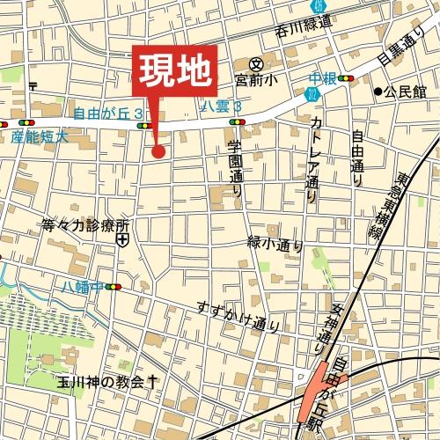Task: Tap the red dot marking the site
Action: click(158, 151)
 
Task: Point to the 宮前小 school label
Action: click(255, 80)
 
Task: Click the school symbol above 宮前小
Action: click(257, 64)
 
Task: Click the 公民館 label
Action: click(406, 91)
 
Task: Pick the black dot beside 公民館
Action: click(378, 91)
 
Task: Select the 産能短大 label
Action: click(40, 136)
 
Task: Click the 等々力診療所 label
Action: click(85, 224)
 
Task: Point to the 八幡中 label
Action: click(82, 286)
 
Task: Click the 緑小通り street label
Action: click(275, 242)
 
